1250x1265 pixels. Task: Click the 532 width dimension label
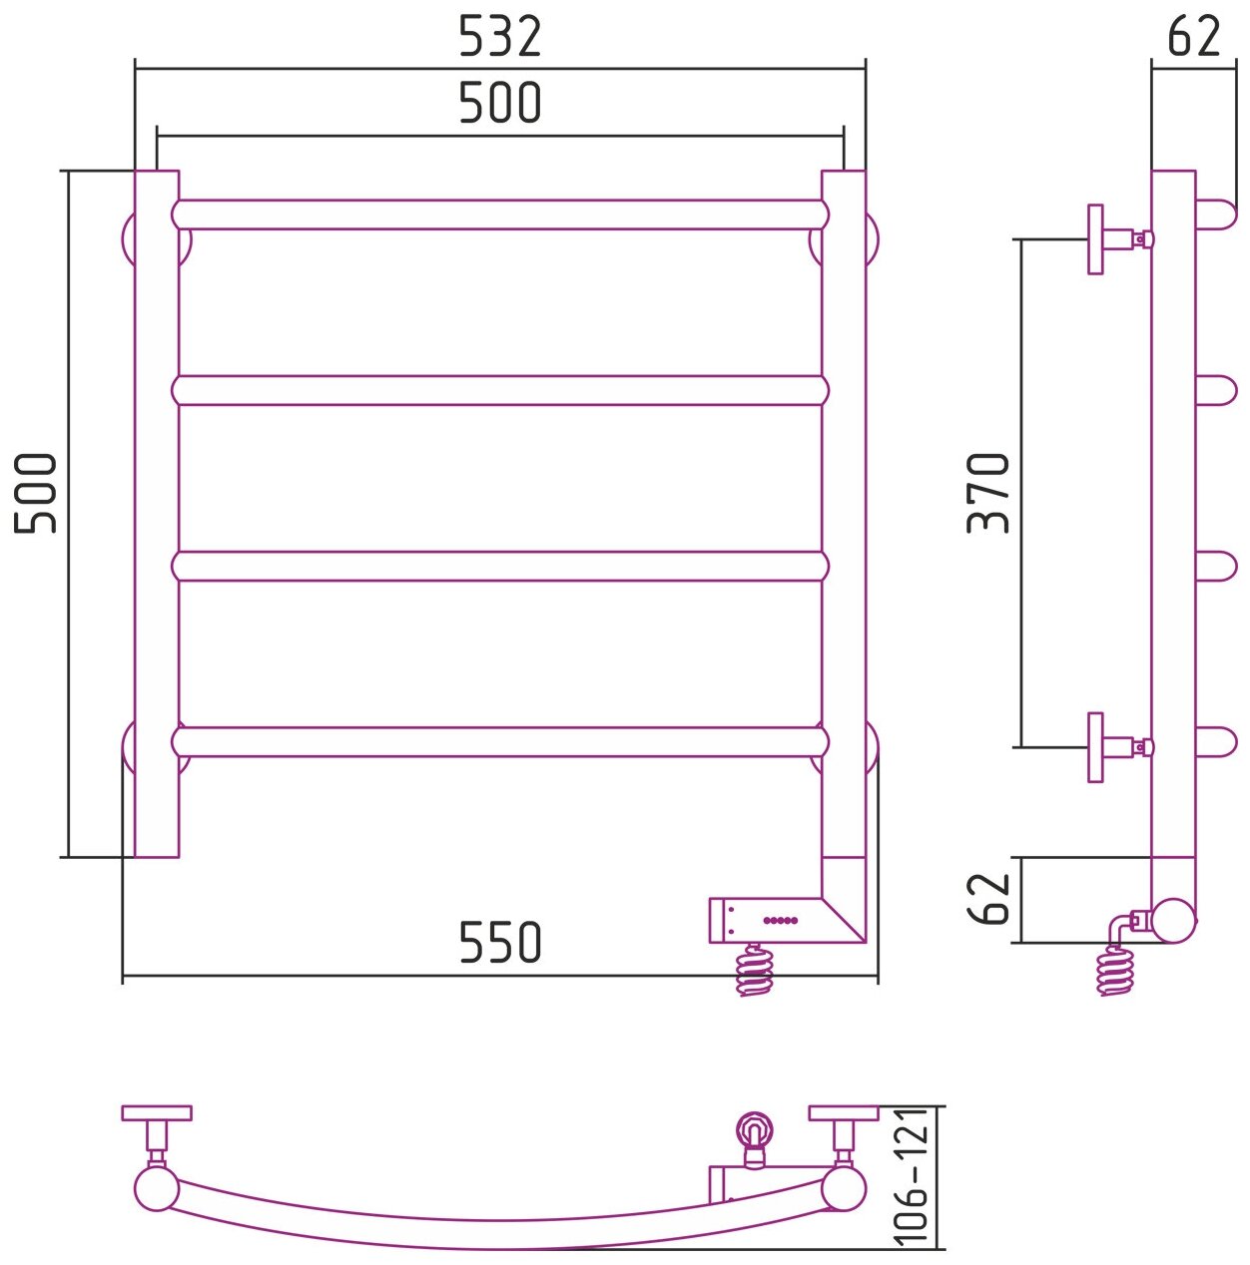click(x=499, y=37)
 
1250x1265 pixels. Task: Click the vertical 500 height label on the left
click(x=38, y=493)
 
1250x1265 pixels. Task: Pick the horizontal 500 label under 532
click(x=499, y=102)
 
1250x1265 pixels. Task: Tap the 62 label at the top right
click(x=1193, y=37)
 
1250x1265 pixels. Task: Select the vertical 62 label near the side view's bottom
click(x=989, y=898)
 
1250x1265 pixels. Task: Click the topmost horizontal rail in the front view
click(x=499, y=214)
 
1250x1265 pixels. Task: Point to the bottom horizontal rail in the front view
click(x=499, y=741)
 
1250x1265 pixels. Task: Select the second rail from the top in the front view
click(x=499, y=390)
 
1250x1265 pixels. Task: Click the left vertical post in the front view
click(x=157, y=514)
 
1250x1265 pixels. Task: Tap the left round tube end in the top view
click(x=157, y=1190)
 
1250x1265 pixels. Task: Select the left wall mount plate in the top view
click(x=156, y=1112)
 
